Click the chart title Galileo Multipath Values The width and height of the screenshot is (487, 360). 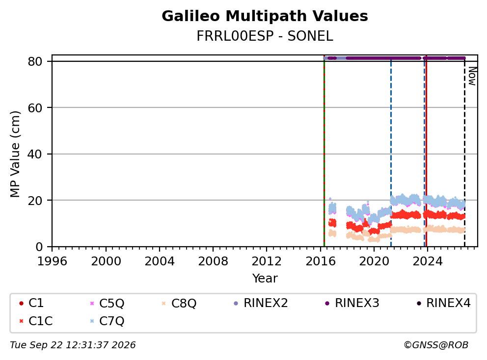coord(265,16)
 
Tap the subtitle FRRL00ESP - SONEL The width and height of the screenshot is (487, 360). coord(265,36)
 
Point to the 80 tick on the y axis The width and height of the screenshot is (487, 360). coord(35,61)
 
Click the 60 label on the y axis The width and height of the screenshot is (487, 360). coord(35,108)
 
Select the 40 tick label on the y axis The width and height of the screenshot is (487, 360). coord(35,154)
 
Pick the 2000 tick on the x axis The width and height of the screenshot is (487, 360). coord(106,261)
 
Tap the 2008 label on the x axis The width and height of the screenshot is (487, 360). coord(213,261)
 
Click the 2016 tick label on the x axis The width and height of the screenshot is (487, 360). coord(321,261)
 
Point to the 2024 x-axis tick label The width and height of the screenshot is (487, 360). coord(428,261)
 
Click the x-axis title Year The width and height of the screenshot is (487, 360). coord(265,279)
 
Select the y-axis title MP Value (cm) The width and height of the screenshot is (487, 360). coord(15,154)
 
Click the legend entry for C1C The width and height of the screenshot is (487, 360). coord(36,321)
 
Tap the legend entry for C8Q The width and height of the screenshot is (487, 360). coord(179,303)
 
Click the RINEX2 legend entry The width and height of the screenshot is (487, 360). coord(261,303)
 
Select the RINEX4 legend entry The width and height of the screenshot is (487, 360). coord(443,303)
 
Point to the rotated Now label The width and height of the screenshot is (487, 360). coord(472,77)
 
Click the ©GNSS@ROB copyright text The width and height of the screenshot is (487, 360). coord(436,345)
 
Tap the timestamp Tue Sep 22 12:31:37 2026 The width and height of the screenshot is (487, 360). coord(73,345)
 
